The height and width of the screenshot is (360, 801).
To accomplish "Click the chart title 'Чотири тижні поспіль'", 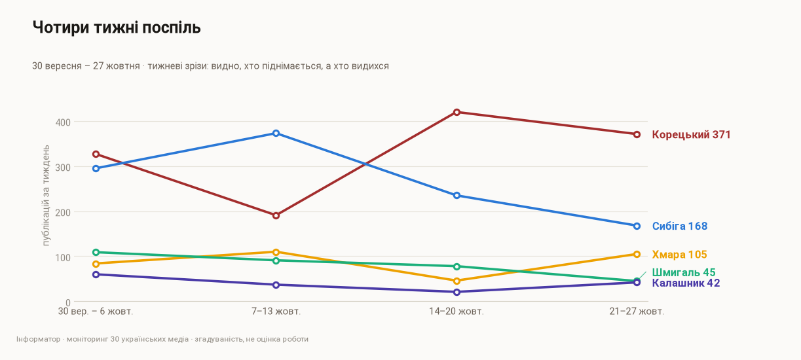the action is (117, 27).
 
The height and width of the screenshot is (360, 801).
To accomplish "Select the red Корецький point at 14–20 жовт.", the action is (456, 112).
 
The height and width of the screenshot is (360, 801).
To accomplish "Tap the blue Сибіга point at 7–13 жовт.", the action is (276, 134).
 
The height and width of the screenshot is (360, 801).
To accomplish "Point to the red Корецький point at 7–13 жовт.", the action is (276, 215).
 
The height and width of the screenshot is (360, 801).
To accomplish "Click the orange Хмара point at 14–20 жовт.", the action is (456, 281).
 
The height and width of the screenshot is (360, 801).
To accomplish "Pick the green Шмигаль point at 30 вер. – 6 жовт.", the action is (96, 253).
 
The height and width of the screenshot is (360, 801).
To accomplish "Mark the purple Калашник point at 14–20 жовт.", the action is (456, 292).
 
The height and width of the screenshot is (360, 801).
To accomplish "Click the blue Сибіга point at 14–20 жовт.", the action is (456, 196).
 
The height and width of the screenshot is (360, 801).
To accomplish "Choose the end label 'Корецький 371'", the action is (691, 135).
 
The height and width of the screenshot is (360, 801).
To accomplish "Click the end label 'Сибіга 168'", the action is (680, 226).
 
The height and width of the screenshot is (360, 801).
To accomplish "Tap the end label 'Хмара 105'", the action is (679, 255).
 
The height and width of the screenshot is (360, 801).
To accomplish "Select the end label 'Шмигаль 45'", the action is (684, 272).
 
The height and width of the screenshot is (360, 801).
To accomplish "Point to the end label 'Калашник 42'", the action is (686, 283).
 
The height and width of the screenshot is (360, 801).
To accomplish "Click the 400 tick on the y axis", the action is (63, 122).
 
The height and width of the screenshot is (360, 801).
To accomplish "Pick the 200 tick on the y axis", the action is (63, 213).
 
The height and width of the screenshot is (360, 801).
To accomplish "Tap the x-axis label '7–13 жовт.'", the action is (276, 312).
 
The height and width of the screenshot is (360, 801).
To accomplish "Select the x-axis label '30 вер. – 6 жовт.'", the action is (96, 312).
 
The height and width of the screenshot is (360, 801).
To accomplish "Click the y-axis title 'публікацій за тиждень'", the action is (46, 195).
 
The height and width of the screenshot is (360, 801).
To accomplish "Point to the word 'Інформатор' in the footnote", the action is (38, 339).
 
